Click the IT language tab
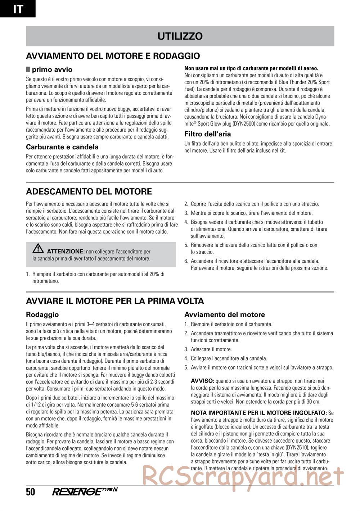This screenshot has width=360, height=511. (x=18, y=9)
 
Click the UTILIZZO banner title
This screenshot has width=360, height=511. (x=180, y=36)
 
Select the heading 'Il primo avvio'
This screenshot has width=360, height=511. (x=49, y=69)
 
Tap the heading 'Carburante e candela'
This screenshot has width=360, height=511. (x=62, y=147)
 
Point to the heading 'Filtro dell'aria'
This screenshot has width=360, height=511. (x=208, y=134)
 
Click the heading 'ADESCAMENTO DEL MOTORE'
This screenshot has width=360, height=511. (x=89, y=191)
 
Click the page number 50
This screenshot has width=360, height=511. (x=31, y=492)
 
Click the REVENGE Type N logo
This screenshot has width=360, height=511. (x=85, y=492)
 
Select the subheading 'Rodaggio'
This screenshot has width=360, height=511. (x=42, y=315)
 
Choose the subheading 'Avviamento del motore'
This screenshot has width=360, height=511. (x=225, y=315)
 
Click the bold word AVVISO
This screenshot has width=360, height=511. (x=202, y=380)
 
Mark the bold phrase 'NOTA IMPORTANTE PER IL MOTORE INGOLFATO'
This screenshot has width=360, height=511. (x=258, y=413)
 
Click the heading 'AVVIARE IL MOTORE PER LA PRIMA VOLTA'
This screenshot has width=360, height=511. (x=115, y=301)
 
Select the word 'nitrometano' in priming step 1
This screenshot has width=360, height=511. (x=45, y=281)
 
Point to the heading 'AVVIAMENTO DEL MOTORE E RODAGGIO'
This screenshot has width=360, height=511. (x=113, y=56)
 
